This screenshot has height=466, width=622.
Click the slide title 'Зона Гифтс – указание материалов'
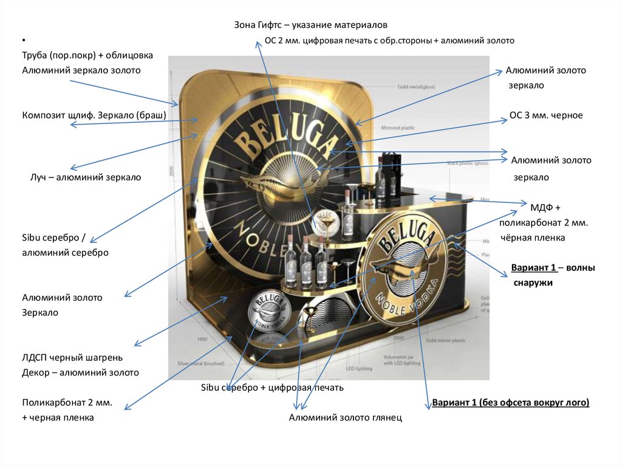point(310,25)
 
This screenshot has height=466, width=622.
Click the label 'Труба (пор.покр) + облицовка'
point(87,55)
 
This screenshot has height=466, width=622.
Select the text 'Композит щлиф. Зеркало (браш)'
point(94,115)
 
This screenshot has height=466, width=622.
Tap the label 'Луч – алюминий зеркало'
point(86,177)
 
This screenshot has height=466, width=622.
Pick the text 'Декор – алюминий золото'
point(81,372)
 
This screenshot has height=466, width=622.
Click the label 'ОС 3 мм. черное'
point(545,115)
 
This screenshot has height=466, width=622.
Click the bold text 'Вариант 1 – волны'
point(553,268)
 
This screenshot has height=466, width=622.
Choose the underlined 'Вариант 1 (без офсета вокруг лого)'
point(511,403)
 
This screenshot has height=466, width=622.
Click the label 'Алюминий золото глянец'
point(345,417)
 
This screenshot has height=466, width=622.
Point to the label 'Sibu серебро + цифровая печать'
point(272,388)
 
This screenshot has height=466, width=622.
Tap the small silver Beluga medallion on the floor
point(265,311)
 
